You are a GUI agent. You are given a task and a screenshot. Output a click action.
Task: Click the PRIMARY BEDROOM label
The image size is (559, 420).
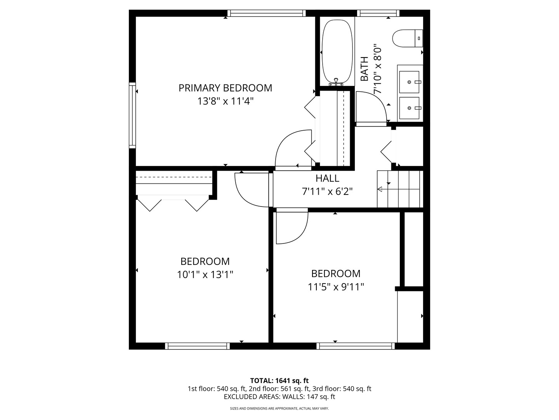[225, 88]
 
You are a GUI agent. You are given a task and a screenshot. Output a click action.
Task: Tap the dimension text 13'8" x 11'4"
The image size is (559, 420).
[225, 101]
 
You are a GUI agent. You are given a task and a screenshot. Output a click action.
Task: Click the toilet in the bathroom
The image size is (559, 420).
[407, 38]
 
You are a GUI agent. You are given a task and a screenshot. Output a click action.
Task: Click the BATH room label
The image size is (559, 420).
[365, 69]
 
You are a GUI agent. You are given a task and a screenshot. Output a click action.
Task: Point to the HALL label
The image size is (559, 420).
[327, 178]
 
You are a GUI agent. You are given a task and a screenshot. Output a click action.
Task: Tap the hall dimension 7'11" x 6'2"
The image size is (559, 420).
[327, 191]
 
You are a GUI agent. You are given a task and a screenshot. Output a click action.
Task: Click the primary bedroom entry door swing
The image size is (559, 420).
[292, 150]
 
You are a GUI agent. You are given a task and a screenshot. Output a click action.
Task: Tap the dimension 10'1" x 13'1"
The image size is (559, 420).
[205, 275]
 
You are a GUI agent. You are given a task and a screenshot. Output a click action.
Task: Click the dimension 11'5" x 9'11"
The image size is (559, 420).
[336, 287]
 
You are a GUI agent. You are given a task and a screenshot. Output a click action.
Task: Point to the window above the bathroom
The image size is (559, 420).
[378, 13]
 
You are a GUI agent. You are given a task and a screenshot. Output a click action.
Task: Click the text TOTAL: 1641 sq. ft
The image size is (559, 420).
[279, 380]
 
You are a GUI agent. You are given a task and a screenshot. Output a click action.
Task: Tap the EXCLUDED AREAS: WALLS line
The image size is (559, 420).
[279, 397]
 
